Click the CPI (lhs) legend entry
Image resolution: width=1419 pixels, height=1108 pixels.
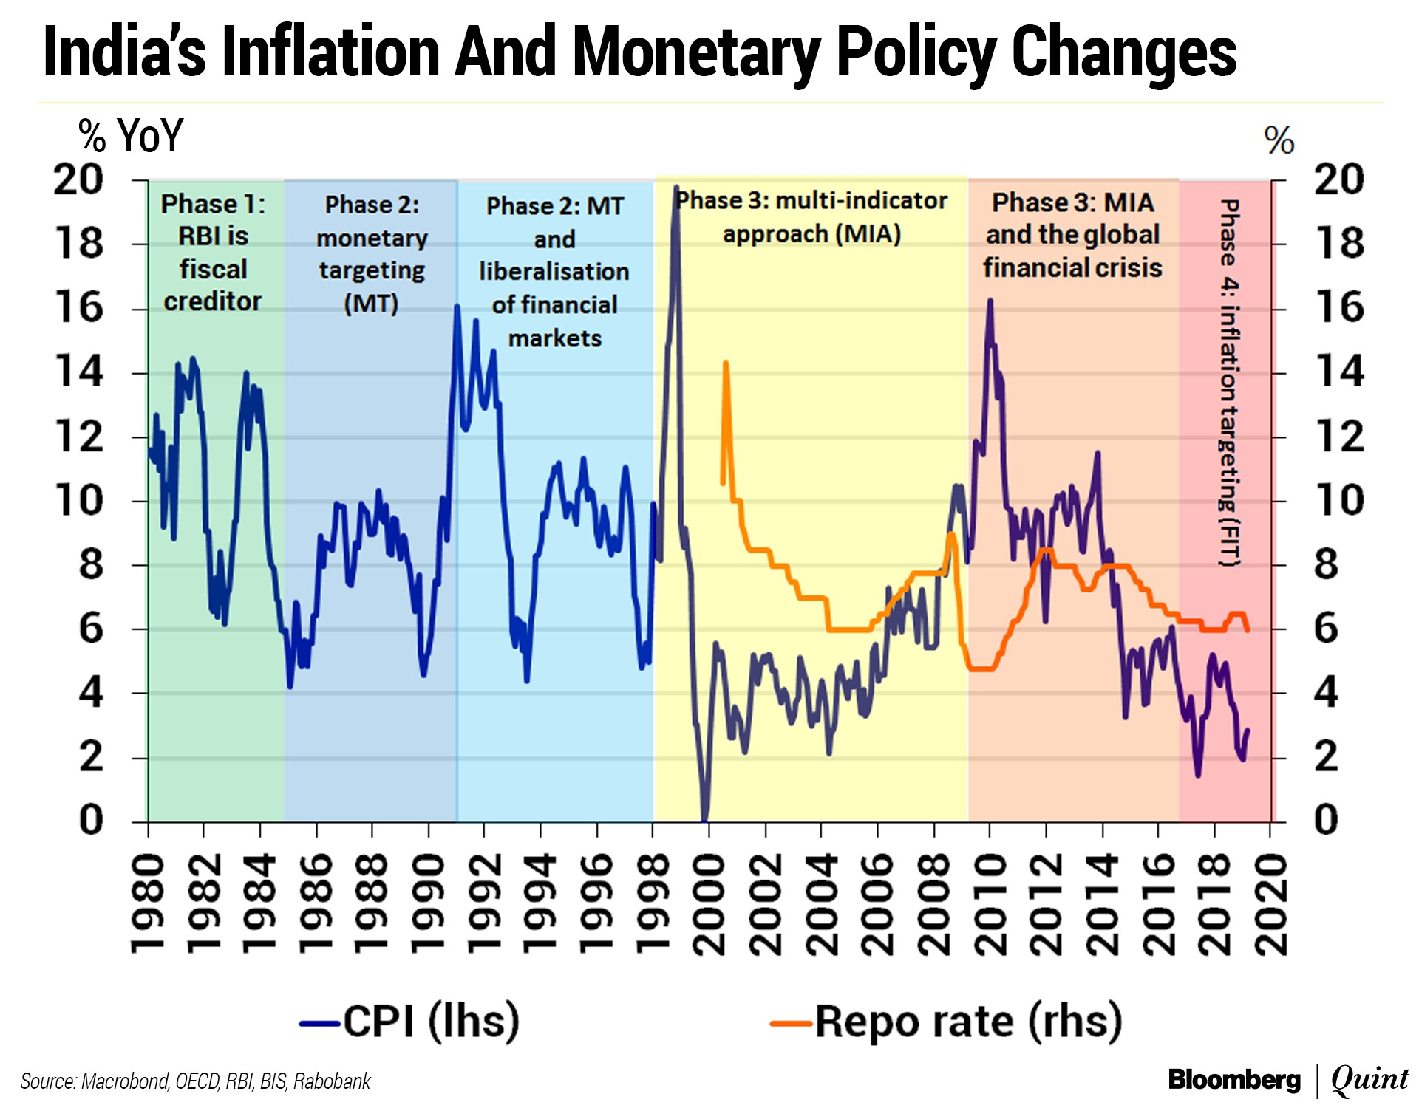tap(411, 1022)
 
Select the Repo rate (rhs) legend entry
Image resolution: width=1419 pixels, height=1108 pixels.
tap(947, 1022)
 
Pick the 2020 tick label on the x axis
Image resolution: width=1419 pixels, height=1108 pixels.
tap(1270, 904)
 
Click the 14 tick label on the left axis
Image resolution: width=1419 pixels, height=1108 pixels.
tap(80, 372)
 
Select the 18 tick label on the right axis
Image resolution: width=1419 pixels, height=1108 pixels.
tap(1338, 243)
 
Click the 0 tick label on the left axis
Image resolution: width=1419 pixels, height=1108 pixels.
tap(91, 820)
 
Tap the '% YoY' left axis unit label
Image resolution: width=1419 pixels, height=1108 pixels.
tap(131, 136)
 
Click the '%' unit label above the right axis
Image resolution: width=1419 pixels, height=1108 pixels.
tap(1279, 140)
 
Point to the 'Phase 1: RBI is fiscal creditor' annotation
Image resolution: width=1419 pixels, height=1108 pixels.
tap(213, 253)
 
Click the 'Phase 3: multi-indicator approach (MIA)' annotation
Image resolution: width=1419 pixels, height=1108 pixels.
tap(811, 217)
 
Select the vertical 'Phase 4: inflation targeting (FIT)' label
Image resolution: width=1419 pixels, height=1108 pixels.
tap(1228, 383)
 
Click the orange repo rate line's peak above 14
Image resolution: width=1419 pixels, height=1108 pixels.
tap(726, 363)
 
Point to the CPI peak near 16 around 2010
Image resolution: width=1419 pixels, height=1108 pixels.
tap(990, 301)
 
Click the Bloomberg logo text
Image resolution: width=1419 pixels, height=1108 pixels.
tap(1233, 1080)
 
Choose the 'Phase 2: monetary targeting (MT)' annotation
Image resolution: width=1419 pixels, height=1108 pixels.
tap(372, 254)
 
